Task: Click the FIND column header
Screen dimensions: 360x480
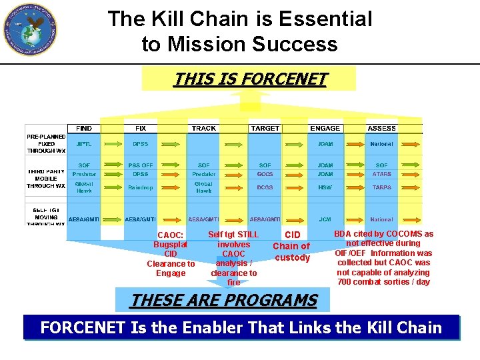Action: pyautogui.click(x=85, y=128)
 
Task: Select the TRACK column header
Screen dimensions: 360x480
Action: pyautogui.click(x=203, y=128)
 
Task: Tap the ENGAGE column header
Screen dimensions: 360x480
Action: pyautogui.click(x=325, y=128)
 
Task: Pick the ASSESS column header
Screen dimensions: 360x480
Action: pyautogui.click(x=381, y=128)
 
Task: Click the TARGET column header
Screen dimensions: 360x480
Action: pyautogui.click(x=265, y=128)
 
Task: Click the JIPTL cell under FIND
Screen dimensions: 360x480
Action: pyautogui.click(x=84, y=144)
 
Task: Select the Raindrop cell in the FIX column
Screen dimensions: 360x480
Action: pyautogui.click(x=141, y=188)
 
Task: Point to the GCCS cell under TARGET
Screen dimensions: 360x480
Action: pyautogui.click(x=265, y=174)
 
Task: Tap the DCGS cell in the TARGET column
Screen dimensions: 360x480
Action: pyautogui.click(x=265, y=188)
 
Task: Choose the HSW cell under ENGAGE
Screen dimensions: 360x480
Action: pyautogui.click(x=325, y=188)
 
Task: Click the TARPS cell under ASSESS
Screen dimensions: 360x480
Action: pyautogui.click(x=381, y=188)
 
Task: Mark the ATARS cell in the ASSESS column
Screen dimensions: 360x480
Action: pyautogui.click(x=381, y=174)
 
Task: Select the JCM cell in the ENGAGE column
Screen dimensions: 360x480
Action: pyautogui.click(x=325, y=219)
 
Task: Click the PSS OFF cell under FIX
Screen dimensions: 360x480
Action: pyautogui.click(x=141, y=165)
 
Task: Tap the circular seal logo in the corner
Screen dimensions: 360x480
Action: pyautogui.click(x=29, y=29)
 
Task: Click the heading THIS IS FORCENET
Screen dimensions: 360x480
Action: pyautogui.click(x=250, y=79)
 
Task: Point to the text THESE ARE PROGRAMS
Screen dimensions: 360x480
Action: pyautogui.click(x=223, y=301)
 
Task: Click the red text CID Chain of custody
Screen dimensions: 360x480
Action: pyautogui.click(x=292, y=246)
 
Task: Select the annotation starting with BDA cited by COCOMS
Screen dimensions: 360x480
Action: pyautogui.click(x=383, y=257)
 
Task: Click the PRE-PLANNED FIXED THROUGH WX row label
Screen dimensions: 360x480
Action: pyautogui.click(x=46, y=143)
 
